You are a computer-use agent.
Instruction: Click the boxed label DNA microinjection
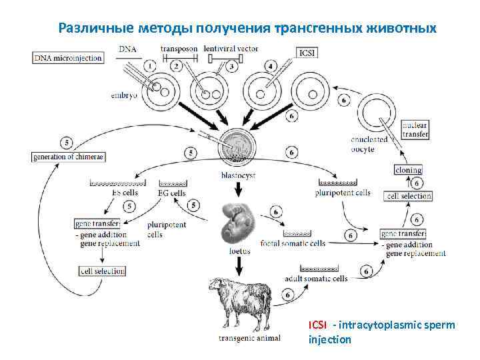(68, 58)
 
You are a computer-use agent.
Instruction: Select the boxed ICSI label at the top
(308, 53)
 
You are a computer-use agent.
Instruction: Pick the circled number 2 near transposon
(176, 65)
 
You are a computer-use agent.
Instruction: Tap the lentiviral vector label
(231, 49)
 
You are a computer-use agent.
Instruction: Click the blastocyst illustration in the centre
(237, 147)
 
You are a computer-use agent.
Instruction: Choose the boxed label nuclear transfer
(415, 129)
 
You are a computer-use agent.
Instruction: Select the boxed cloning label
(408, 170)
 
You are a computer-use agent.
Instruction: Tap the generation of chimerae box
(69, 157)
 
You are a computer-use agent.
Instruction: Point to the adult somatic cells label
(315, 278)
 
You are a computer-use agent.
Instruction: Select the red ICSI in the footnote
(317, 325)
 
